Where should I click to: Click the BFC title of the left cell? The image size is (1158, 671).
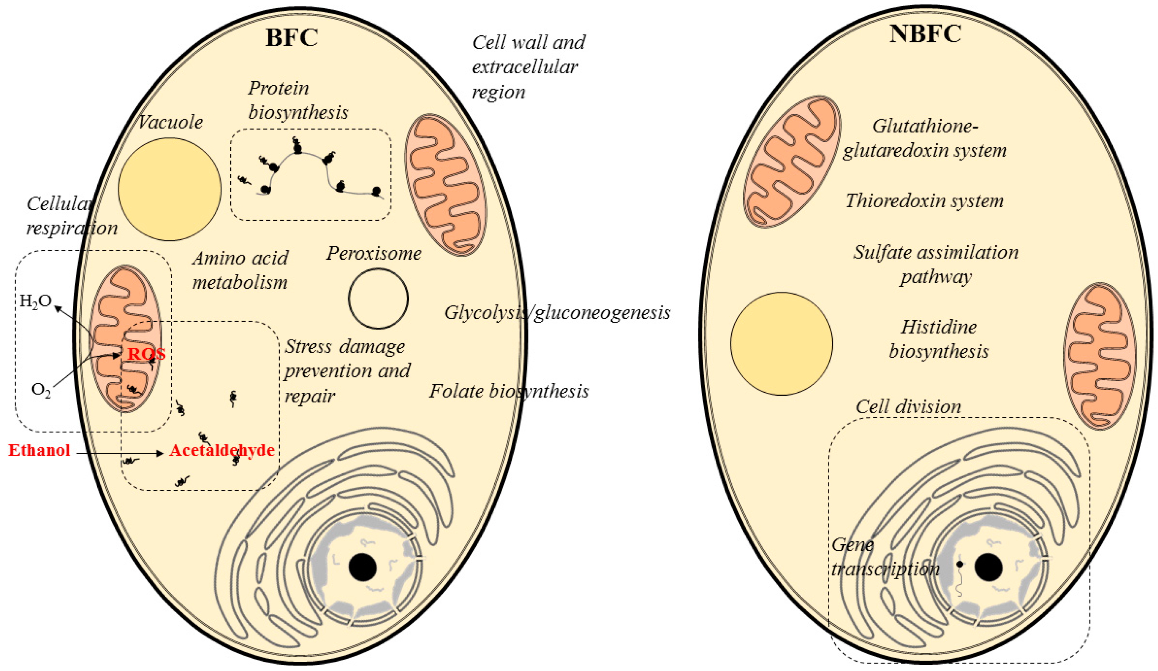pos(292,38)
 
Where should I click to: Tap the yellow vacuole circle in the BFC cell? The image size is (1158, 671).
pos(170,189)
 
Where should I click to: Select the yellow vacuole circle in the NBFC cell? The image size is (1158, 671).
pos(782,344)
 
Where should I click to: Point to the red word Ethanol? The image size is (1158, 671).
pos(39,450)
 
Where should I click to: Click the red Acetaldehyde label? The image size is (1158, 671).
pos(222,450)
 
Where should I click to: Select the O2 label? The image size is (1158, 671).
pos(41,390)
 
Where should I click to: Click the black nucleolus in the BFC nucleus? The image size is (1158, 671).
pos(362,568)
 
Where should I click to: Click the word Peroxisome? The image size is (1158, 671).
pos(374,253)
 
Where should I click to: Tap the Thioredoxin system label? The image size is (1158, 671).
pos(924,201)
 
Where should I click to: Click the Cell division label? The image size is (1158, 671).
pos(908,406)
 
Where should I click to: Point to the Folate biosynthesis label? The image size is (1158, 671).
pos(509,391)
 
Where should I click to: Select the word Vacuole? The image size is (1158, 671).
pos(170,122)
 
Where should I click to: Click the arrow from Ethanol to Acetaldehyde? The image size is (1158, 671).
pos(120,453)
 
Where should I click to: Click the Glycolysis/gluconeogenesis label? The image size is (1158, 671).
pos(557,313)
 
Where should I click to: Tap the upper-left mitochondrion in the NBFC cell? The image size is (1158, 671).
pos(792,162)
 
